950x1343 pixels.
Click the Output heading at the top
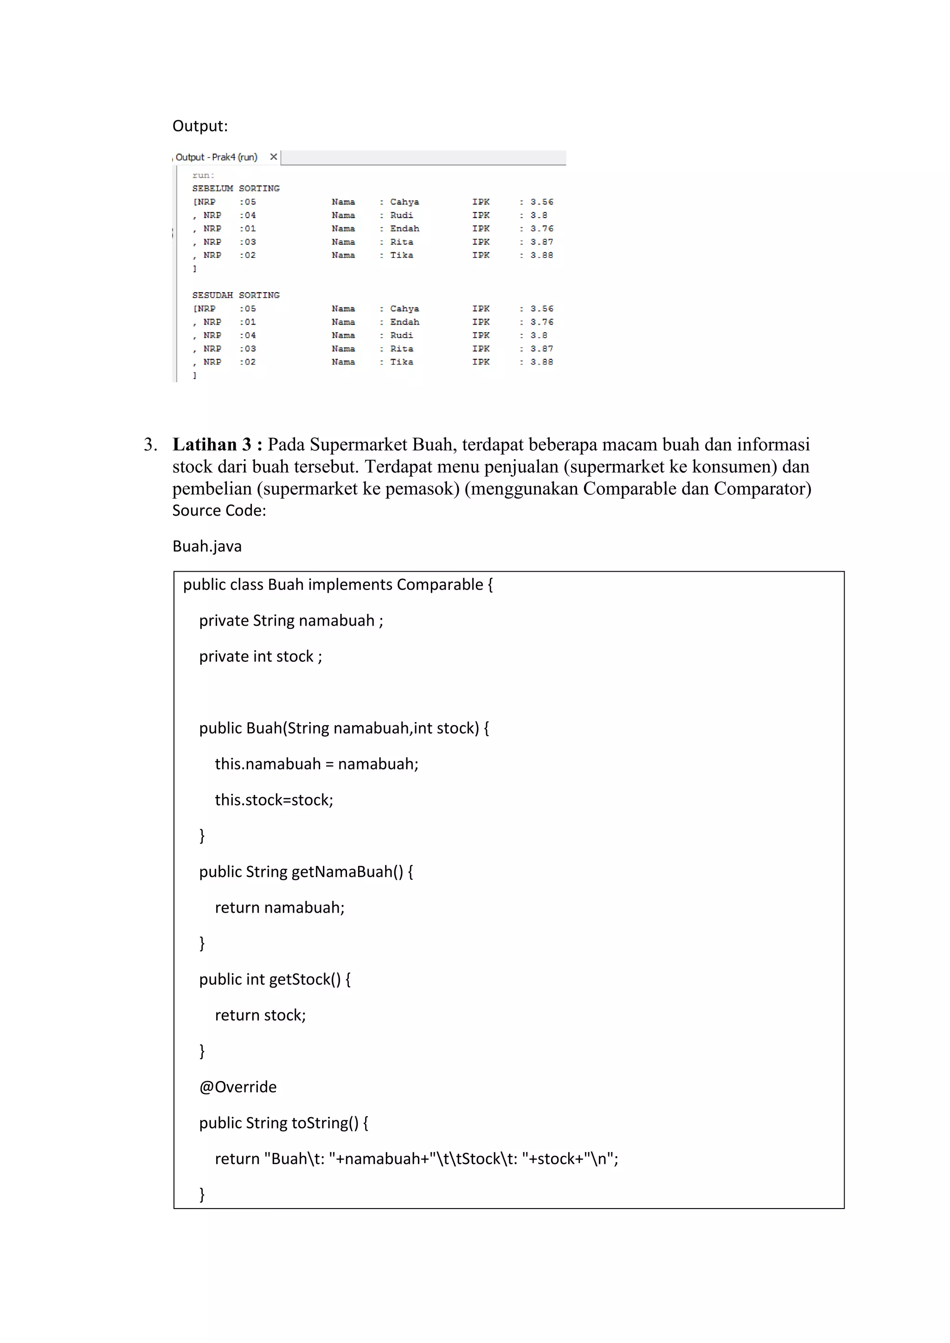[x=200, y=126]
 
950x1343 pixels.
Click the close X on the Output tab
[x=273, y=157]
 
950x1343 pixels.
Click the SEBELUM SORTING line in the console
[x=236, y=188]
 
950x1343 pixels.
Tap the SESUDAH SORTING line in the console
[x=236, y=295]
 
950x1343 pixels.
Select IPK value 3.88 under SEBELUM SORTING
[x=542, y=256]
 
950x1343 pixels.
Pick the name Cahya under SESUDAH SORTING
[x=404, y=309]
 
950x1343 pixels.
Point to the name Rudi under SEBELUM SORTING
[x=401, y=215]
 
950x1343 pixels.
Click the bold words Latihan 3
[x=212, y=445]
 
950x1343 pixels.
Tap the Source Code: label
[x=219, y=511]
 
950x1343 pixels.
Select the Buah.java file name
[x=206, y=546]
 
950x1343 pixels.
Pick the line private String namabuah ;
[x=291, y=620]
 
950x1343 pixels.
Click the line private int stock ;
[x=260, y=656]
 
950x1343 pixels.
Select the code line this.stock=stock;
[x=274, y=800]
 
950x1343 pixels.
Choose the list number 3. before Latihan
[x=150, y=445]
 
